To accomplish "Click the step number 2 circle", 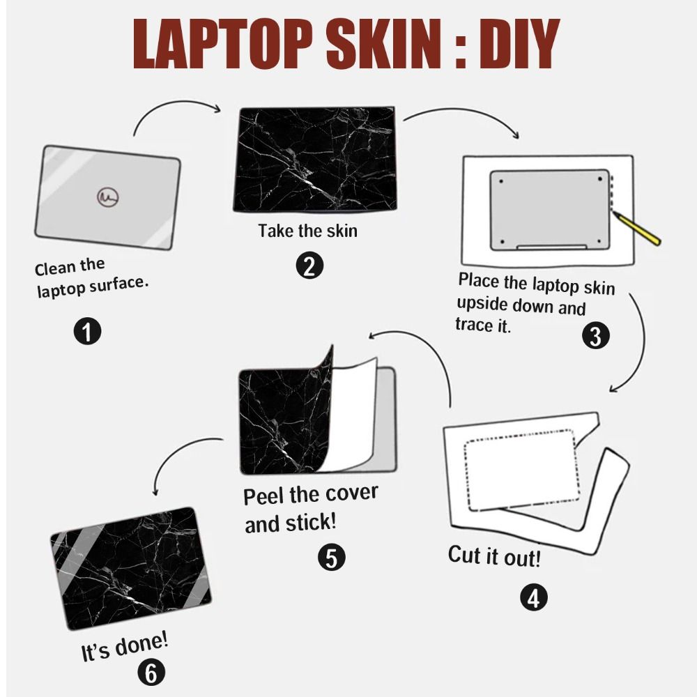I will [309, 266].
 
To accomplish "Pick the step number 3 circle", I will [595, 336].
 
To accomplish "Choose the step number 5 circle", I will [331, 557].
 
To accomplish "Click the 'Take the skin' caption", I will [307, 230].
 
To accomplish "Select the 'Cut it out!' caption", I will [494, 556].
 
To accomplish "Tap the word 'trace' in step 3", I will [474, 325].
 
